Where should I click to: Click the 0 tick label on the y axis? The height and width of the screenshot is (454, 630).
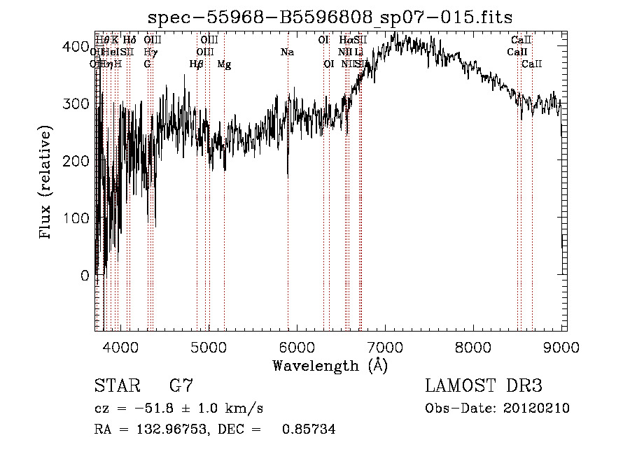pyautogui.click(x=85, y=276)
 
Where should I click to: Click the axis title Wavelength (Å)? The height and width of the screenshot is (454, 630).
pyautogui.click(x=330, y=365)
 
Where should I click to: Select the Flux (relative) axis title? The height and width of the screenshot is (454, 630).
pyautogui.click(x=47, y=183)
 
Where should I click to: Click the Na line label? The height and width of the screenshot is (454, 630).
pyautogui.click(x=287, y=52)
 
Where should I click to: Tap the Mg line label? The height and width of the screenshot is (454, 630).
pyautogui.click(x=224, y=64)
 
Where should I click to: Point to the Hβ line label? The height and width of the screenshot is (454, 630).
pyautogui.click(x=197, y=64)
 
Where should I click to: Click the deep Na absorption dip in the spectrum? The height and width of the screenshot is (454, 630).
pyautogui.click(x=288, y=175)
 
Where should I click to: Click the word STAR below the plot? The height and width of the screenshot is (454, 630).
pyautogui.click(x=115, y=386)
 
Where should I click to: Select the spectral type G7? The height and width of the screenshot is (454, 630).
pyautogui.click(x=181, y=386)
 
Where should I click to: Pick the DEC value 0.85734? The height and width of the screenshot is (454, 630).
pyautogui.click(x=308, y=430)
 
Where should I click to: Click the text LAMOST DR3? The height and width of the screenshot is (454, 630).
pyautogui.click(x=484, y=386)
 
